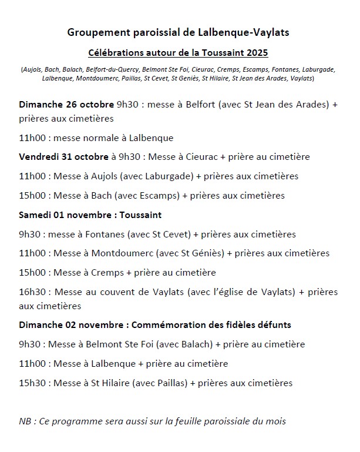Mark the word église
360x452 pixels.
tap(224, 292)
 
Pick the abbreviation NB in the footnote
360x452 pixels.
tap(25, 421)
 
